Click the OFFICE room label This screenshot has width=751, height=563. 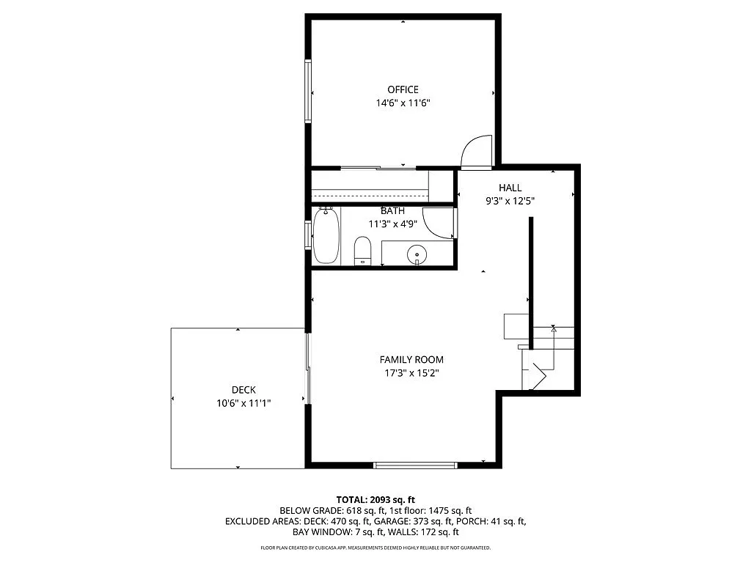click(403, 89)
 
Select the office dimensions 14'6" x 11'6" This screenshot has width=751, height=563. click(403, 103)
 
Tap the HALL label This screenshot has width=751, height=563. click(510, 188)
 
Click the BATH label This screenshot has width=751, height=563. click(392, 211)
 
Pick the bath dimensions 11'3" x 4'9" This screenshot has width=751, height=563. click(392, 224)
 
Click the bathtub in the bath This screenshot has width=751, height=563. click(326, 236)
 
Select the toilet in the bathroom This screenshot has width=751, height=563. click(363, 251)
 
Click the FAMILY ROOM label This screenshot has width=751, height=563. click(411, 359)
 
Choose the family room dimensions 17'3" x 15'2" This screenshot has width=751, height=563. click(411, 373)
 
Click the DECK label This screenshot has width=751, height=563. click(243, 390)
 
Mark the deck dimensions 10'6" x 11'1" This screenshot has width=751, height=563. click(243, 403)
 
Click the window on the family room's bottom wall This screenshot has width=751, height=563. click(415, 465)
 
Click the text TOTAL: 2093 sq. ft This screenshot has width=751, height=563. click(375, 499)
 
